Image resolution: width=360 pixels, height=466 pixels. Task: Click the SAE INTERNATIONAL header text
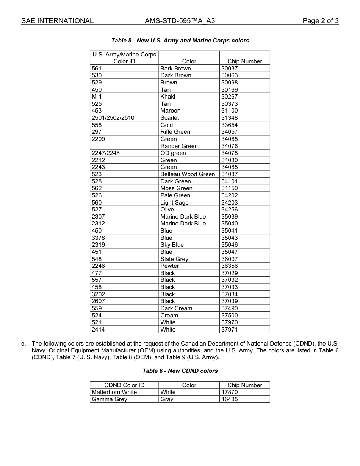tap(57, 21)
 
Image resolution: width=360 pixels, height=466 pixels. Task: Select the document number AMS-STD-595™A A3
tap(180, 21)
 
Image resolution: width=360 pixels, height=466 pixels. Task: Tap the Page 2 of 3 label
tap(320, 21)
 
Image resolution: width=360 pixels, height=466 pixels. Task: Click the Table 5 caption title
tap(180, 41)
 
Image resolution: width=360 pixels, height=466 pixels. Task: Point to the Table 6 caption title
tap(180, 371)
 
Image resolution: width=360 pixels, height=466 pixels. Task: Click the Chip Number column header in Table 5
tap(244, 61)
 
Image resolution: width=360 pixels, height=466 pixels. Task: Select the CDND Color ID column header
tap(124, 385)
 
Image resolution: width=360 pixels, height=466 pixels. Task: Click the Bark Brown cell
tap(175, 69)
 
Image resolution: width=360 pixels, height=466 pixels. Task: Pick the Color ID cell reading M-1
tap(97, 97)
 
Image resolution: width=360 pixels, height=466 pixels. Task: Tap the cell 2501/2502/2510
tap(113, 118)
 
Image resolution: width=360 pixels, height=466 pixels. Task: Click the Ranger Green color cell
tap(179, 146)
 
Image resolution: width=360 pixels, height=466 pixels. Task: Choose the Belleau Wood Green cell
tap(188, 174)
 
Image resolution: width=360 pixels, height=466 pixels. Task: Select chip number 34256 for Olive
tap(230, 210)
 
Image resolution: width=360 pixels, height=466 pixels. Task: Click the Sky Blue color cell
tap(172, 245)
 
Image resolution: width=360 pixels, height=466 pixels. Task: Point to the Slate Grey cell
tap(174, 259)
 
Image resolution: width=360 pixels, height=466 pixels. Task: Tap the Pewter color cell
tap(169, 266)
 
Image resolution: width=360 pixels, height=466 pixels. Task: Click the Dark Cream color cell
tap(176, 308)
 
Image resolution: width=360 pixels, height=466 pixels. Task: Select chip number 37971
tap(230, 330)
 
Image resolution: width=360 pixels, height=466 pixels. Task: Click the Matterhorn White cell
tap(114, 392)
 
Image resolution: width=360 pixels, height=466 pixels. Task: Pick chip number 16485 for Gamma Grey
tap(230, 399)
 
